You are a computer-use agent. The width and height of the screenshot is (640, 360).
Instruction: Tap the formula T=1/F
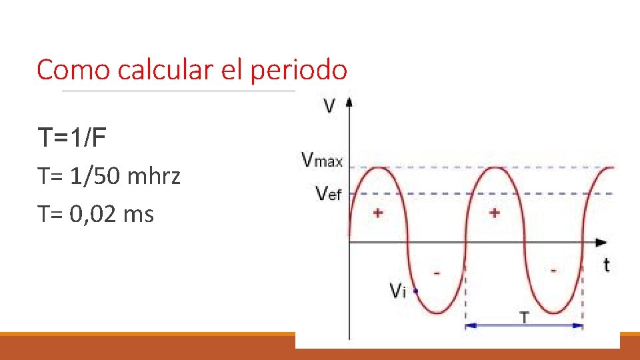72,138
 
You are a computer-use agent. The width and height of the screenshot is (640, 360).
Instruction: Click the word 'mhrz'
153,177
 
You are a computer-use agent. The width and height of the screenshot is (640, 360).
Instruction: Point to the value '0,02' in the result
95,215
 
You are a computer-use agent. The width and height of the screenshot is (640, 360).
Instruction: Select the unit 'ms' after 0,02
140,215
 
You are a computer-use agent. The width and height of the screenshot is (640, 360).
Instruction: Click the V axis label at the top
329,106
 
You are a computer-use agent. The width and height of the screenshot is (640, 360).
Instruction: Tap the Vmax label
322,160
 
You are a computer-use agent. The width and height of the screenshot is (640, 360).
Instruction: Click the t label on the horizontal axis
605,265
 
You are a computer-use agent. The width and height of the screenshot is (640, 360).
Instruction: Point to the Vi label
397,291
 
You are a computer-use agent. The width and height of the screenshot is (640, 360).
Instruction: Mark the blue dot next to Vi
416,291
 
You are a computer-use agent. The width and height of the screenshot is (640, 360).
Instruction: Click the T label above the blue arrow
524,317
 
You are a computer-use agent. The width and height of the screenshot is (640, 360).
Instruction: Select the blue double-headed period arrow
524,326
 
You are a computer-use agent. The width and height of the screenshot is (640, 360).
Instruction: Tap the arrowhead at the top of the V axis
349,102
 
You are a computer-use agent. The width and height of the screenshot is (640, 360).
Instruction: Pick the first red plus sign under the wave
378,213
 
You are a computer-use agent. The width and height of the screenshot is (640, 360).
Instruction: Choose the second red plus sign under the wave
495,213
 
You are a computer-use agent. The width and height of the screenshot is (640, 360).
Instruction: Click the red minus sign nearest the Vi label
437,272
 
